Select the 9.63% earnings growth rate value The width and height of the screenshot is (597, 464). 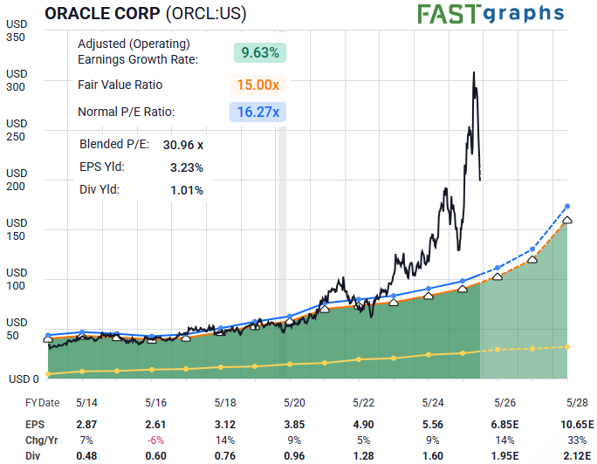pos(260,51)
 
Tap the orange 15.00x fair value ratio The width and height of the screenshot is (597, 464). pos(258,85)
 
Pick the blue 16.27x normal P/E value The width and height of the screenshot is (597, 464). pos(258,112)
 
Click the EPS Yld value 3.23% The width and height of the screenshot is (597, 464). pos(186,167)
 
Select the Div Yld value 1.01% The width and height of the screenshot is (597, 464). pos(186,190)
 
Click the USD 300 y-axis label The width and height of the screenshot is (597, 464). pos(17,80)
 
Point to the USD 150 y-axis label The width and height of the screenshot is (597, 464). pos(17,229)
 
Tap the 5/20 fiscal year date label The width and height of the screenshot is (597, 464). pos(294,402)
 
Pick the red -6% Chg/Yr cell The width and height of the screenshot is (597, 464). pos(155,439)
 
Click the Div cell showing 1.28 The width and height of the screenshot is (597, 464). pos(362,454)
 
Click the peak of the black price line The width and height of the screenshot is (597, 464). pos(473,73)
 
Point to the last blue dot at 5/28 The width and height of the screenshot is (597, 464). pos(567,206)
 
